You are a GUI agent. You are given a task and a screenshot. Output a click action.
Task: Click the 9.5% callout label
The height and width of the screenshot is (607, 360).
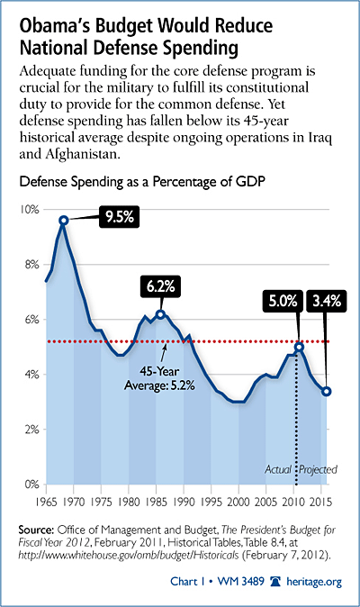pos(119,217)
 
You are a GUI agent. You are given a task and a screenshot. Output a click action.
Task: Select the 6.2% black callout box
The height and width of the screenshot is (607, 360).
pos(160,286)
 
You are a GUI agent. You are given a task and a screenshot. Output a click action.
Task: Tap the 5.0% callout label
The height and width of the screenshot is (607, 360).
pos(283,301)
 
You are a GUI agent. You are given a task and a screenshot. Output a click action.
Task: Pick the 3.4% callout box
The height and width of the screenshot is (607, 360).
pos(327,301)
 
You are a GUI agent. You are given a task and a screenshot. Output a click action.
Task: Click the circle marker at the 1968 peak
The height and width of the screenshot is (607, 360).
pos(64,221)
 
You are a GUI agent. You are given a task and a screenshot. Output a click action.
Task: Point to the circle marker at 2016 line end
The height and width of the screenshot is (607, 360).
pos(327,392)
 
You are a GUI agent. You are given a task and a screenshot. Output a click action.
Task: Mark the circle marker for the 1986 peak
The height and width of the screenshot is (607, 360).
pos(160,314)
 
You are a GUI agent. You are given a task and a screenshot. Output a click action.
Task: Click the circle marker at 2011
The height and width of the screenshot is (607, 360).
pos(299,347)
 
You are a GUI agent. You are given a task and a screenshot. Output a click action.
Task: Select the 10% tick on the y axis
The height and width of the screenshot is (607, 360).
pos(30,210)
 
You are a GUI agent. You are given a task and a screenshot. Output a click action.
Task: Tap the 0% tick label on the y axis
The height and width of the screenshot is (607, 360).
pos(31,485)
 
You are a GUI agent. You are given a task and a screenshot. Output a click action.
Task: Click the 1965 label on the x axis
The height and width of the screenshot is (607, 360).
pos(47,502)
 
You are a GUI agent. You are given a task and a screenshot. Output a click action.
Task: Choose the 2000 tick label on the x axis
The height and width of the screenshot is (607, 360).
pos(238,502)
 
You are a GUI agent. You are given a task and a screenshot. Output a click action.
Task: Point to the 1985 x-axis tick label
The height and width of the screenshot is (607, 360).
pos(157,502)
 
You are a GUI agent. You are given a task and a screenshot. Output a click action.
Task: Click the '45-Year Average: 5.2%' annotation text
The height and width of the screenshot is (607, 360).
pos(159,378)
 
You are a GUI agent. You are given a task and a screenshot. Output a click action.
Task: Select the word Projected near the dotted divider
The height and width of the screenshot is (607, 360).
pos(319,469)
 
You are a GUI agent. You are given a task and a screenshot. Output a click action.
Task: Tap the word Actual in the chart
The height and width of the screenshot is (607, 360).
pos(278,469)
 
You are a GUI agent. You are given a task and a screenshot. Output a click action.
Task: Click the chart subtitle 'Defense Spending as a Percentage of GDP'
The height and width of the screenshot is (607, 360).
pos(142,182)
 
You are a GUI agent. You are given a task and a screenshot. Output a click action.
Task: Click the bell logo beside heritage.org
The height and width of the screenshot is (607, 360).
pos(275,582)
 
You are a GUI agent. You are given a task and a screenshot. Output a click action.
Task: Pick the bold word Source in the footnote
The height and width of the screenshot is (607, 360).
pos(36,530)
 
